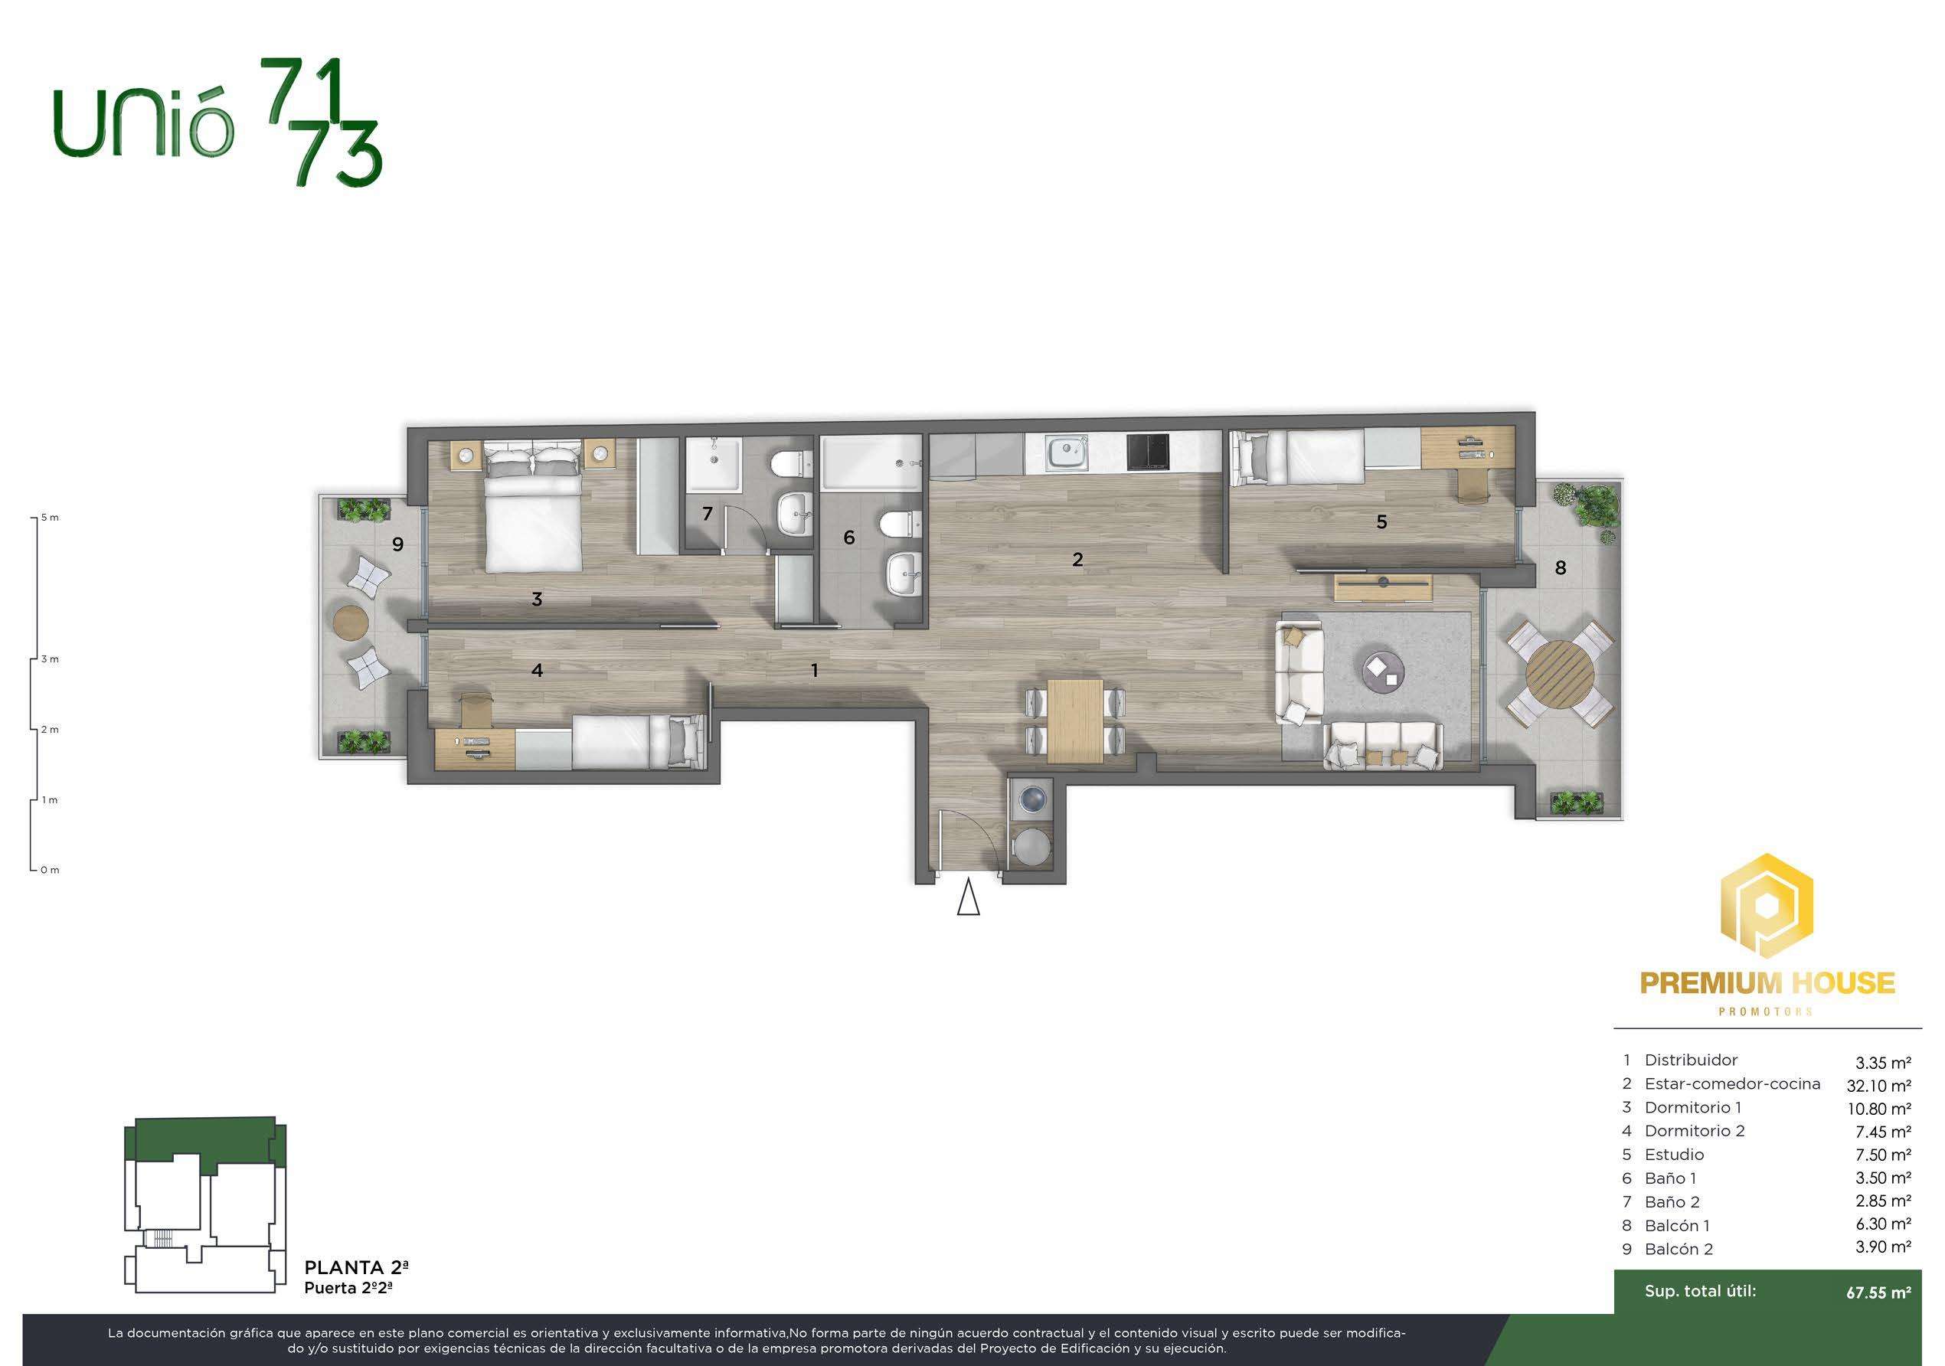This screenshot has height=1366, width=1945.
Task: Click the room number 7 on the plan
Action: pos(708,513)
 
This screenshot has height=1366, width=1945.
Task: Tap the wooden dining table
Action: pos(1076,721)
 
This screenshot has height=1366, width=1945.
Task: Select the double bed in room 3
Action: pos(533,505)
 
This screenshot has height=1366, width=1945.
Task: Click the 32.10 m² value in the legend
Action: pos(1879,1086)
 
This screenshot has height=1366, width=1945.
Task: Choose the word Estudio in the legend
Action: pos(1674,1154)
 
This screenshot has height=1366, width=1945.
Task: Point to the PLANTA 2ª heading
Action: pos(357,1268)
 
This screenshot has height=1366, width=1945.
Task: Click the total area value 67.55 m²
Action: pos(1879,1292)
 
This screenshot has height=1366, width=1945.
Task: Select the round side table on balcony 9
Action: pos(350,623)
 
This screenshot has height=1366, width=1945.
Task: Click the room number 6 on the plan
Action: pos(848,537)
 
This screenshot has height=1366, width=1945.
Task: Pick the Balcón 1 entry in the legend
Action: pos(1676,1225)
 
